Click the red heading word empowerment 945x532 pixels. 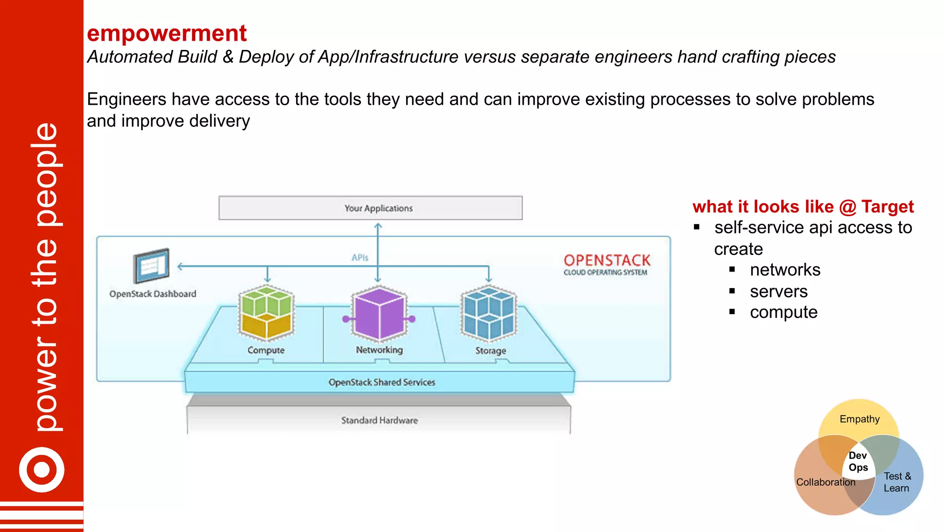click(x=167, y=34)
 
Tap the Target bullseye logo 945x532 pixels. click(x=42, y=470)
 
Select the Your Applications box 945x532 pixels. click(x=371, y=208)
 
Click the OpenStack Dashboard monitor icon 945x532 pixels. click(x=151, y=266)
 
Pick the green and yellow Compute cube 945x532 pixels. click(x=266, y=313)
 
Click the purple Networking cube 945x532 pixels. click(x=379, y=313)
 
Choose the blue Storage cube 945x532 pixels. click(x=489, y=313)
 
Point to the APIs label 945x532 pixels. click(x=360, y=258)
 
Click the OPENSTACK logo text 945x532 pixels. click(x=607, y=260)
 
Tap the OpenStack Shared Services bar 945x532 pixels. click(x=381, y=382)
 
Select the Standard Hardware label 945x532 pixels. click(x=379, y=420)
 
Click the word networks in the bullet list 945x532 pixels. click(x=785, y=270)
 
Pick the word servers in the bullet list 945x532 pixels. click(x=778, y=292)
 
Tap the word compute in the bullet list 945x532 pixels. click(x=784, y=313)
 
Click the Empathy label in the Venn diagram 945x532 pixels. click(x=859, y=419)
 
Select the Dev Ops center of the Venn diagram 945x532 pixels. click(x=858, y=461)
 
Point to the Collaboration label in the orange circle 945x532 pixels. click(x=825, y=482)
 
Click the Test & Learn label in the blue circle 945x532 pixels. click(x=897, y=482)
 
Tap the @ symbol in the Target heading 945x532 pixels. click(x=848, y=207)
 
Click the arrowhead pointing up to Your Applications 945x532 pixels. click(x=378, y=226)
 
